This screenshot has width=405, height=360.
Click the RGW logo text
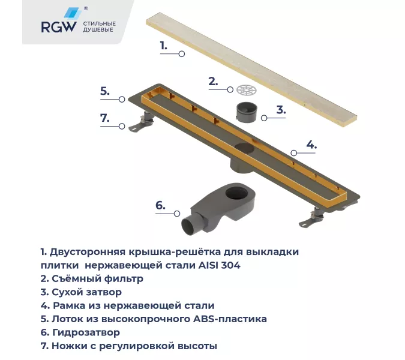(x=58, y=27)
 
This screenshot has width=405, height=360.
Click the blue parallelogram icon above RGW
(x=71, y=13)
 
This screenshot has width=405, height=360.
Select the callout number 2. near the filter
(x=212, y=81)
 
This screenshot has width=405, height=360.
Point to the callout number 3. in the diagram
(x=280, y=109)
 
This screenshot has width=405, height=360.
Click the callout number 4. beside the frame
(x=311, y=144)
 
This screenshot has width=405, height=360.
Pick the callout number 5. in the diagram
(x=104, y=91)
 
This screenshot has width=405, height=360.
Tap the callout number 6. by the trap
(x=160, y=205)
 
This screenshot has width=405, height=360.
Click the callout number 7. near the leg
(x=105, y=118)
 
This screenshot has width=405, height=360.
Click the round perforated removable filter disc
(x=246, y=91)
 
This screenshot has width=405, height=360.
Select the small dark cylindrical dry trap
(x=247, y=112)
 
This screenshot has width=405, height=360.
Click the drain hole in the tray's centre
(x=244, y=149)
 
